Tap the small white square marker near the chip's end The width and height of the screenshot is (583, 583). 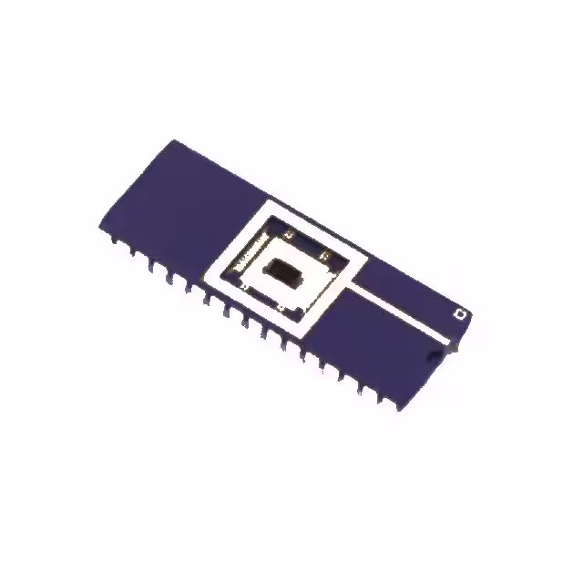tap(460, 314)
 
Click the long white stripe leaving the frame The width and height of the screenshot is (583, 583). tap(401, 315)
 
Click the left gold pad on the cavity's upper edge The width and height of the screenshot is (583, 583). tap(290, 236)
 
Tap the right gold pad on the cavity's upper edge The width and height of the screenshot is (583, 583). tap(325, 256)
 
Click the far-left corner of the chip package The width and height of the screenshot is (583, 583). tap(98, 226)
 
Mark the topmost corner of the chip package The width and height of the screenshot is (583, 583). tap(175, 139)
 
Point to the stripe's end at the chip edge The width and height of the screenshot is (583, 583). tap(450, 344)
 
